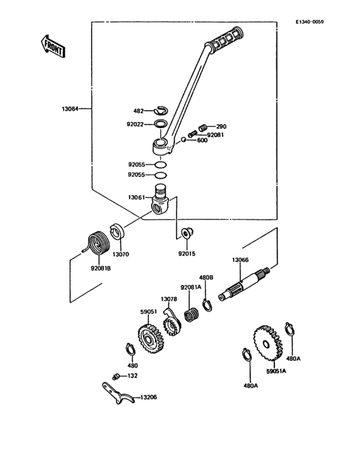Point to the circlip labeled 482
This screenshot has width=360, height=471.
(161, 111)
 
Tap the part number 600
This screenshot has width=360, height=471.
(202, 140)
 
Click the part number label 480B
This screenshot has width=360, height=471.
(206, 277)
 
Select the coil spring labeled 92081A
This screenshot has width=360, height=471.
(190, 315)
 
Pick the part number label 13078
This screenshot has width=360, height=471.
(168, 300)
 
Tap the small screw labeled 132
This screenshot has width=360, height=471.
(116, 375)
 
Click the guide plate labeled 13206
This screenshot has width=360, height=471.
(118, 393)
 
